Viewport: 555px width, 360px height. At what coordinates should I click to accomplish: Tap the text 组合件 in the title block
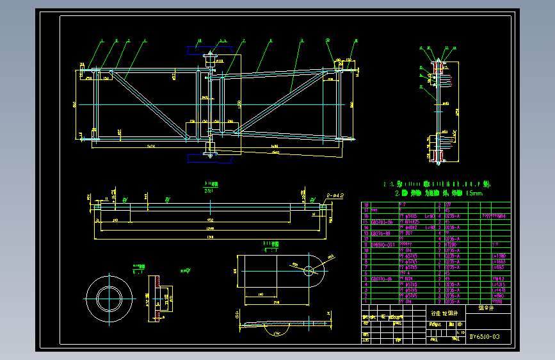coord(487,307)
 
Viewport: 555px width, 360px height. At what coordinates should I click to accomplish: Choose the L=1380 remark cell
coord(499,256)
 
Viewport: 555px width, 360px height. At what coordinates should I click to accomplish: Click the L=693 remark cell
coord(499,261)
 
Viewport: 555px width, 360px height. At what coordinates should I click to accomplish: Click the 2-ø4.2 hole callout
coord(335,194)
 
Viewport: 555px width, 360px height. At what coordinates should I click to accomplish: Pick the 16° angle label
coord(277,333)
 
